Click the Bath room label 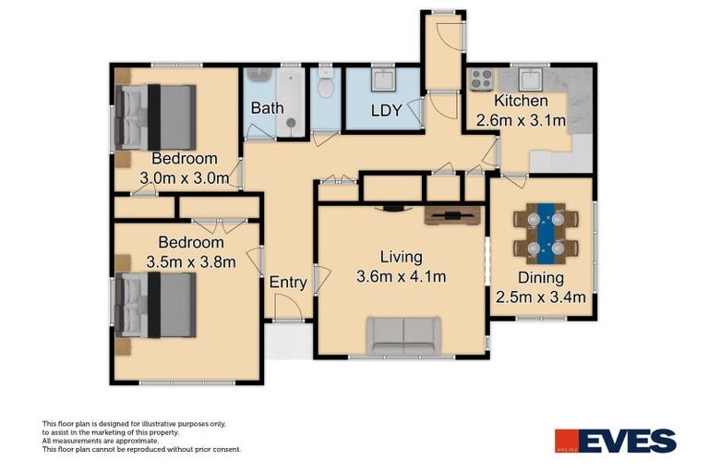tap(267, 108)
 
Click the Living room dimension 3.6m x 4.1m tap(402, 276)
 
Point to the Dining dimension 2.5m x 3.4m tap(542, 297)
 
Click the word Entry tap(288, 283)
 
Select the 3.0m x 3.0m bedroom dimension tap(185, 178)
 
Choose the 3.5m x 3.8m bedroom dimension tap(191, 261)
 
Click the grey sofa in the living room tap(403, 334)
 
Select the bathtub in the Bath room tap(288, 102)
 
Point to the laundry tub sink tap(383, 80)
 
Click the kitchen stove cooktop tap(481, 79)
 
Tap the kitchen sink tap(532, 79)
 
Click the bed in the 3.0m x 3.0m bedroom tap(155, 117)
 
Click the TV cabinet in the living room tap(453, 216)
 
